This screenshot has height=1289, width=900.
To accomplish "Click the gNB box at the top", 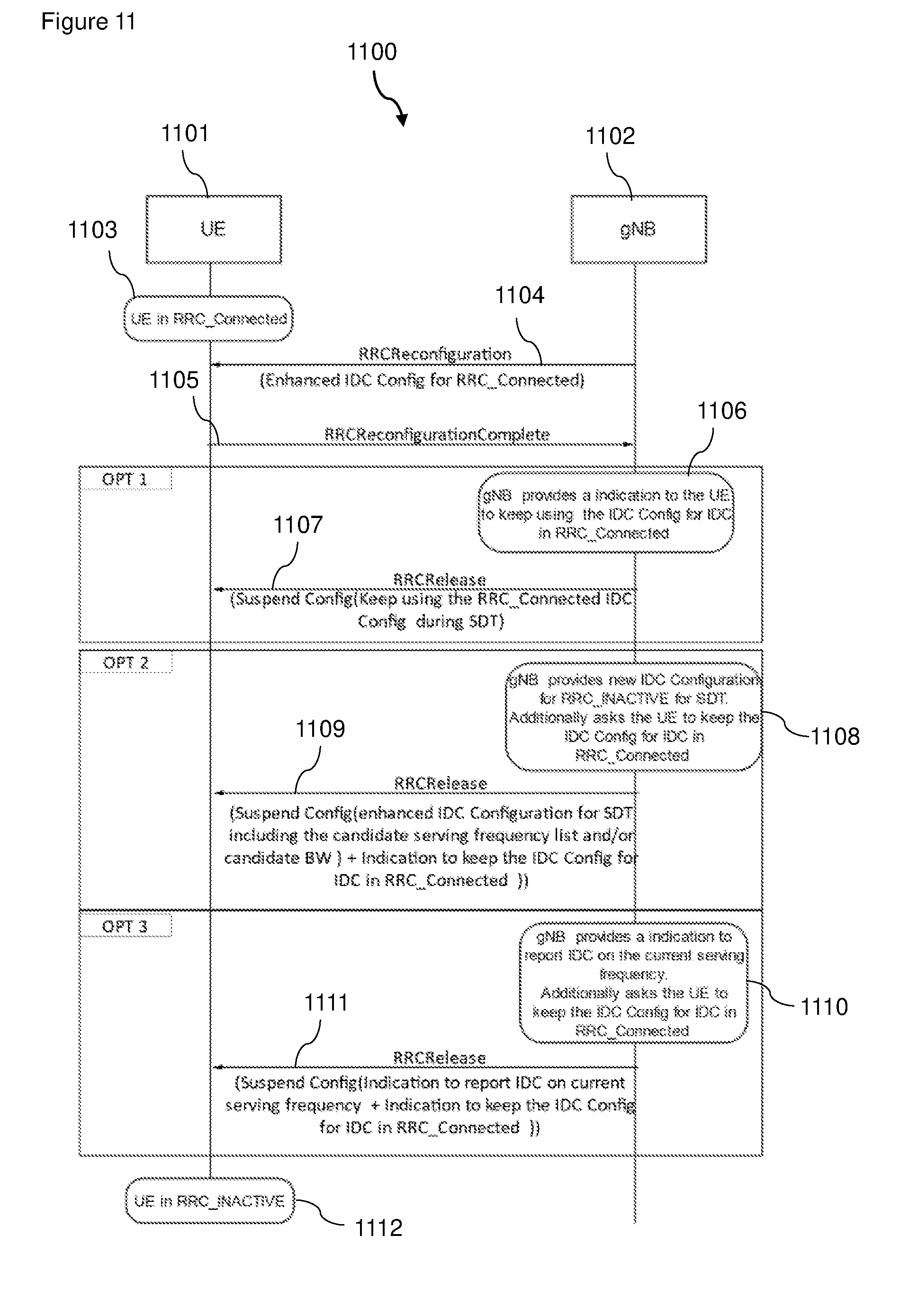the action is [639, 229].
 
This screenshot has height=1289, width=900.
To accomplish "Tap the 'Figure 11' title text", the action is [88, 22].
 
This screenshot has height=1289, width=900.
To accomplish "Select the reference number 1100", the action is [372, 52].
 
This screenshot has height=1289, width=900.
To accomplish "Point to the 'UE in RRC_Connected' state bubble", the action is [208, 318].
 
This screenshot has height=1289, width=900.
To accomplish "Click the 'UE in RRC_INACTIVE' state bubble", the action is [209, 1200].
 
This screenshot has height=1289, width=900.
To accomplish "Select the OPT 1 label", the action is [125, 479].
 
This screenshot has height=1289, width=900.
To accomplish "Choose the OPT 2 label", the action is [126, 662].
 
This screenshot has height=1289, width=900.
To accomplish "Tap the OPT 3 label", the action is [125, 926].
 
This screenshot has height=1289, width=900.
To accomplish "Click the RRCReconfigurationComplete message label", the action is [437, 434].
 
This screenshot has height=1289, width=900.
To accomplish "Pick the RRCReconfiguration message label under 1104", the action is [435, 354].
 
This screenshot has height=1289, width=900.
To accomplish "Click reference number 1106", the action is [721, 411].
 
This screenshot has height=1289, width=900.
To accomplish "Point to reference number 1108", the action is [835, 736].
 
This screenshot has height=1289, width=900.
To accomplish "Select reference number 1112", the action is [378, 1228].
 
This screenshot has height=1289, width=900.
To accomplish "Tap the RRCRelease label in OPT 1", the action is [440, 579].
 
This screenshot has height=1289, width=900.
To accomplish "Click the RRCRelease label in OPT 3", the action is [439, 1058].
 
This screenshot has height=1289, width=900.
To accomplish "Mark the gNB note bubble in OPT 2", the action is [634, 717].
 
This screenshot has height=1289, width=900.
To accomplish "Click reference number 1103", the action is [92, 230].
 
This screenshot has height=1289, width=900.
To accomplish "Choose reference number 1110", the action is [824, 1007].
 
